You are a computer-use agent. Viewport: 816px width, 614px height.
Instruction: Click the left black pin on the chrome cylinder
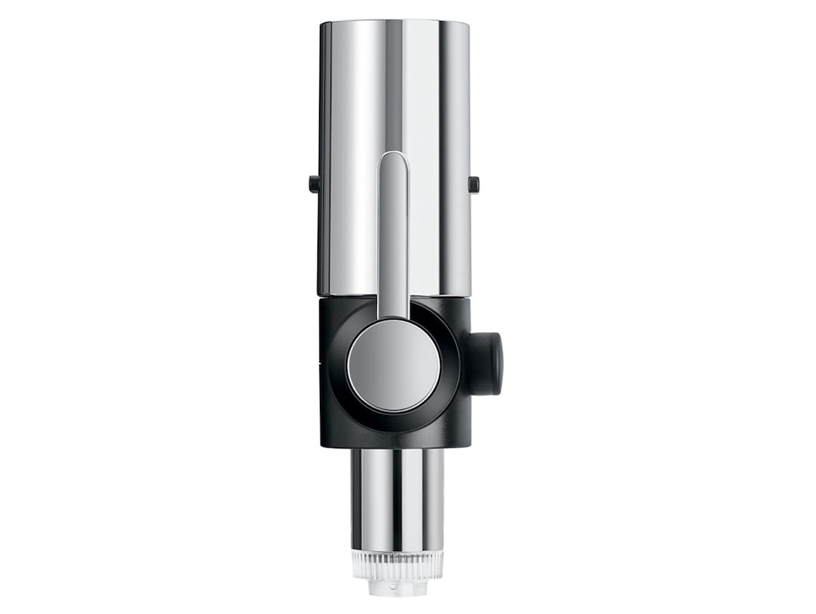(313, 183)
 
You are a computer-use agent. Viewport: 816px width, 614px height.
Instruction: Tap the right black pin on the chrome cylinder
(473, 184)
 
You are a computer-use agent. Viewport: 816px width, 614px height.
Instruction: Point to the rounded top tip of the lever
(394, 157)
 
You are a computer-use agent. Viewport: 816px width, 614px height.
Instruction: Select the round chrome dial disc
(394, 365)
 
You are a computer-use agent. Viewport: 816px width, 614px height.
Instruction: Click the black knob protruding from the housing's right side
(488, 362)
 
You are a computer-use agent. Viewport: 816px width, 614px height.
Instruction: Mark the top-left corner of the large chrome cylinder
(321, 24)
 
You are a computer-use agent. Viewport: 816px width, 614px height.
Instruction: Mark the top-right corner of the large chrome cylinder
(469, 24)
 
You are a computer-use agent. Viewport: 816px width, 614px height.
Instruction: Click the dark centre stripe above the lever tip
(394, 82)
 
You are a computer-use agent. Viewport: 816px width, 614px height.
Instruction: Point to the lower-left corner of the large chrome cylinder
(319, 294)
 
